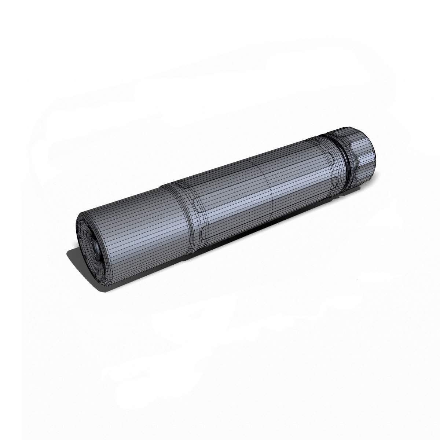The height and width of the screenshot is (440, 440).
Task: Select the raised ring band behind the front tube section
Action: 187,216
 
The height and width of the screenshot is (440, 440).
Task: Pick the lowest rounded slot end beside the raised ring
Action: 204,233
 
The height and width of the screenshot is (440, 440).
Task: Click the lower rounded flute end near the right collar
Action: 337,181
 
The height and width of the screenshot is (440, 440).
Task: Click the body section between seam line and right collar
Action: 301,176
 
